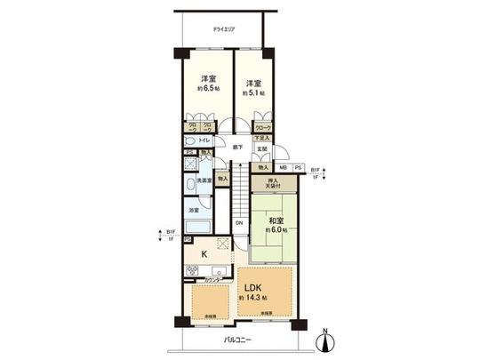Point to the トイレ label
pos(204,141)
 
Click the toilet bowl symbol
pos(190,141)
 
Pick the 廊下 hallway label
pos(237,148)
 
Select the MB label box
pos(283,166)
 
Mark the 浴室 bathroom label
pos(193,210)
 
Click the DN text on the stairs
pos(238,223)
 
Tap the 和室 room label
pos(274,221)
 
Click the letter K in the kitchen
pos(204,254)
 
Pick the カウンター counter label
pos(215,281)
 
